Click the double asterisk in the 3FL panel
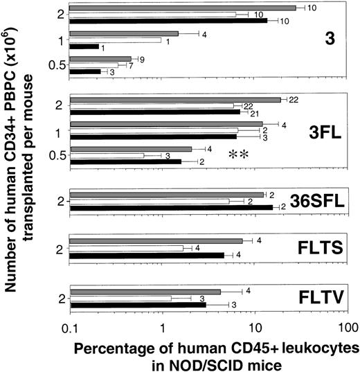click(x=237, y=155)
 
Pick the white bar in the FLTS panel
click(x=127, y=247)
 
